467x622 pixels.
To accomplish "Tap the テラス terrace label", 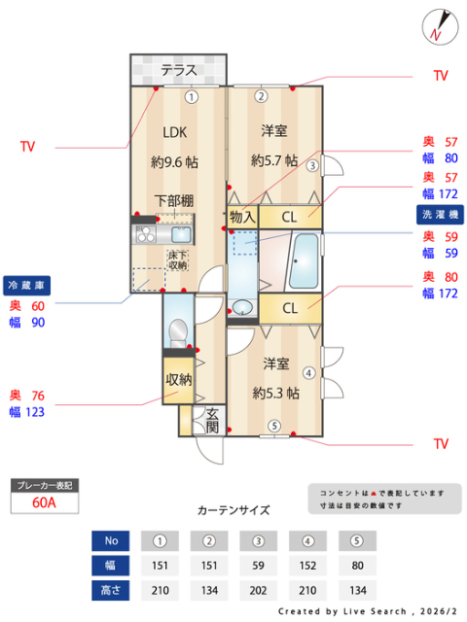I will [179, 70].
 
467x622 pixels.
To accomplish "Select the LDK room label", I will [174, 132].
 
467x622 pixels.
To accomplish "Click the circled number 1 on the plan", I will [192, 96].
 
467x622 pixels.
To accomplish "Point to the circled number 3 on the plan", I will [311, 166].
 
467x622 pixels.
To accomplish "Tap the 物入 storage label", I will [242, 217].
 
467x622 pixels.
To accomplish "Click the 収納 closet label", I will [178, 380].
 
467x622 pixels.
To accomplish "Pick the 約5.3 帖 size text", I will [275, 394].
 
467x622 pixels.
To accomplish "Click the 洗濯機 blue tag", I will [440, 213].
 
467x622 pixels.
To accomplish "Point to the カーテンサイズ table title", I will [233, 509].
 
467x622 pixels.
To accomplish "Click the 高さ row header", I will [111, 589].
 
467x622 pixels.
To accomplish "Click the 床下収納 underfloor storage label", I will [177, 259].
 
